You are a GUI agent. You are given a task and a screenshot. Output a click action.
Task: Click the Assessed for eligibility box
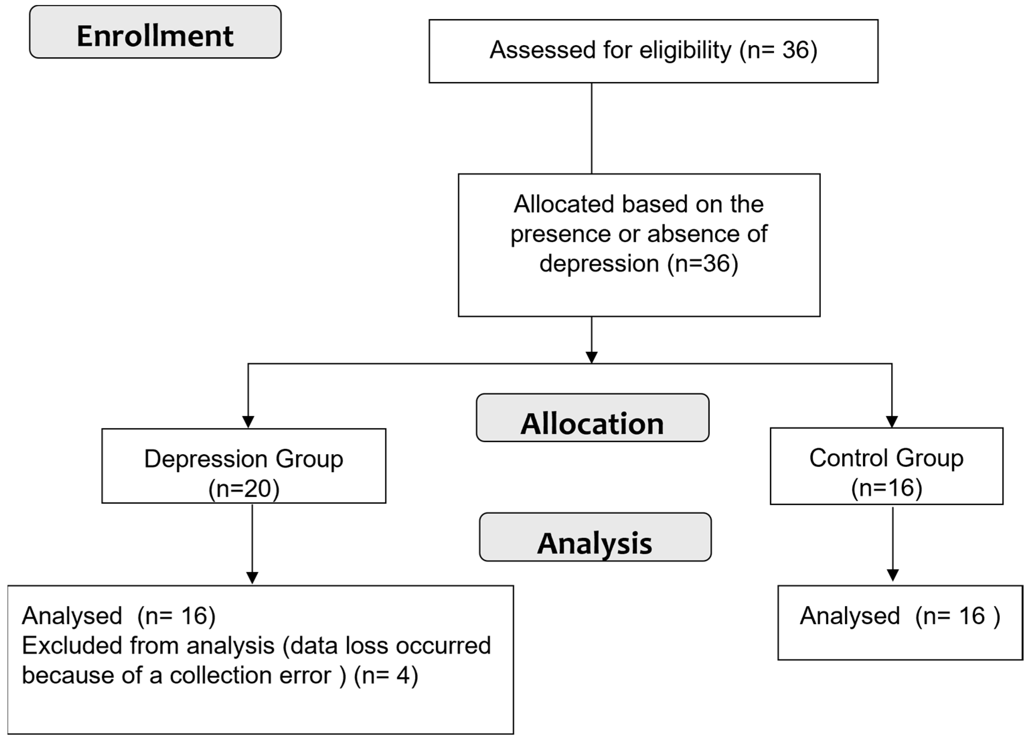tap(653, 51)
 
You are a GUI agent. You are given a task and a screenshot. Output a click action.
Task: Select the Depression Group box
tap(244, 466)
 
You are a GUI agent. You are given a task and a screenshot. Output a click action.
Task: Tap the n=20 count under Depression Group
tap(244, 489)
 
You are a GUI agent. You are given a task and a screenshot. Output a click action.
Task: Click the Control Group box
tap(886, 466)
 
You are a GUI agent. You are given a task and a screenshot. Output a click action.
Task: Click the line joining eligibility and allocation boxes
tap(591, 128)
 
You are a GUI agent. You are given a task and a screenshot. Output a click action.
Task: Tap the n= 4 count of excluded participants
tap(385, 675)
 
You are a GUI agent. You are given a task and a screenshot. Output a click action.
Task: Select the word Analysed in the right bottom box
tap(849, 616)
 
